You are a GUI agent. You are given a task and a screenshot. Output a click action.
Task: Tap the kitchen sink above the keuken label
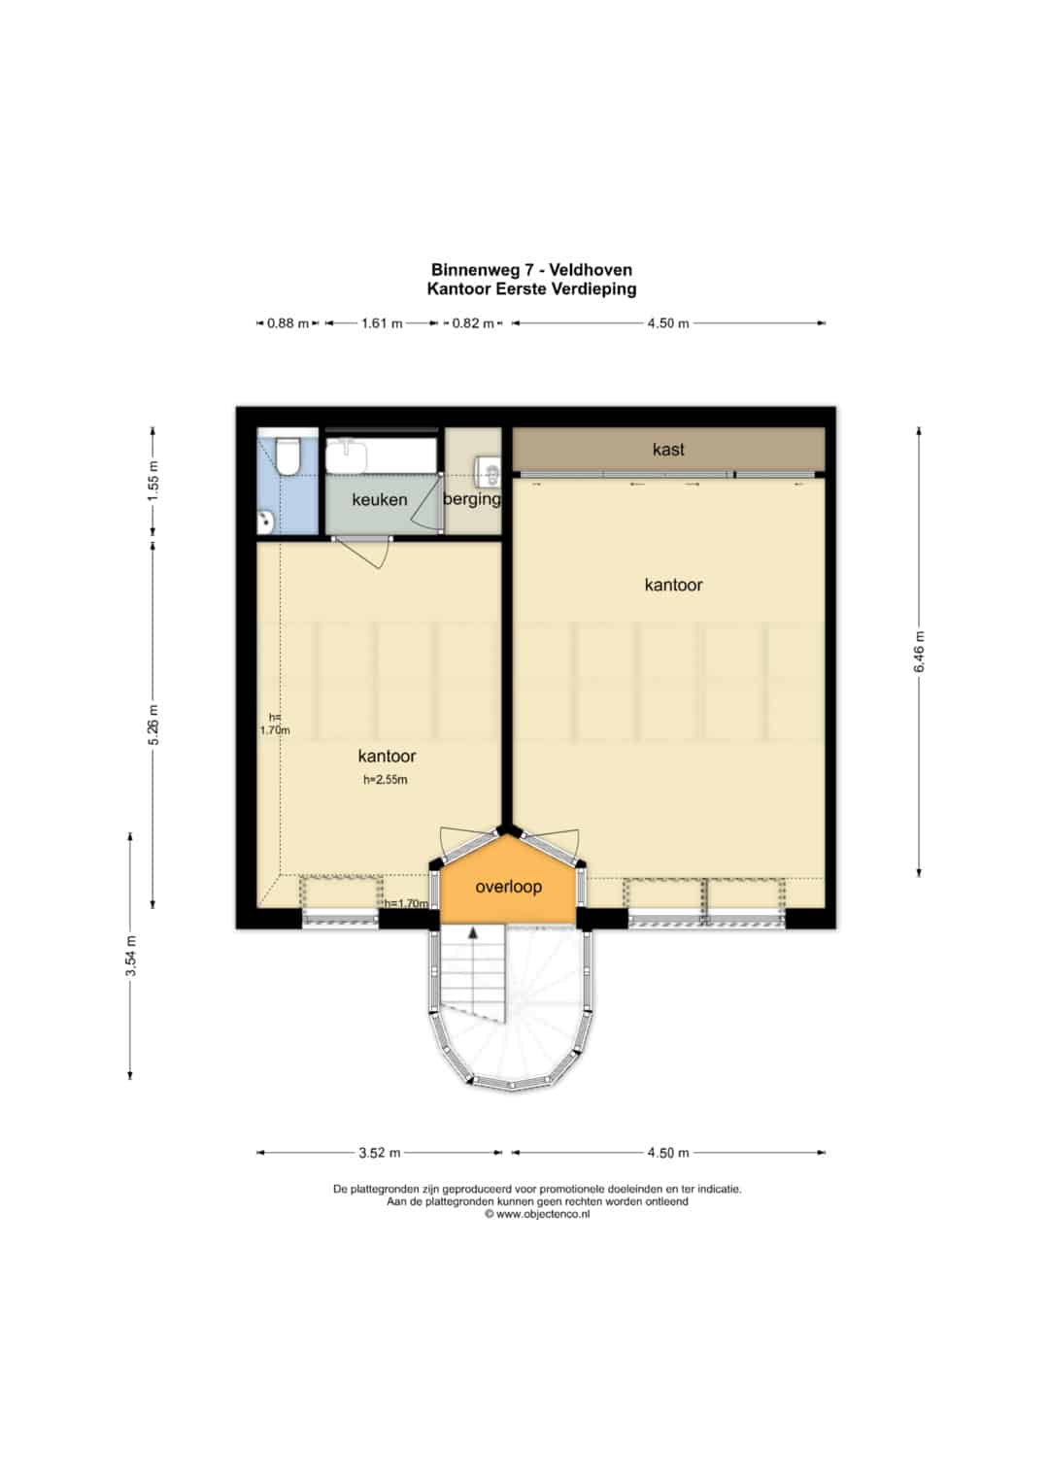tap(347, 456)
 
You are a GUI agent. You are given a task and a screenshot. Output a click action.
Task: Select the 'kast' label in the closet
tap(668, 450)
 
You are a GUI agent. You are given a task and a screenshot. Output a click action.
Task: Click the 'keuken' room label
tap(380, 499)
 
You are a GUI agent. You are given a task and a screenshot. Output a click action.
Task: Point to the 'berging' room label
tap(472, 499)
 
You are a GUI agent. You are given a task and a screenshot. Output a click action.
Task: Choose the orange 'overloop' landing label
tap(509, 887)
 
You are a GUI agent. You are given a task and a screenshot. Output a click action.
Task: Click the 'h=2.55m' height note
tap(386, 780)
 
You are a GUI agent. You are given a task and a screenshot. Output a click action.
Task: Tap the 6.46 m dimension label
tap(919, 652)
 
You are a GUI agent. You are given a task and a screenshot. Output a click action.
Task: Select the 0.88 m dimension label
tap(288, 323)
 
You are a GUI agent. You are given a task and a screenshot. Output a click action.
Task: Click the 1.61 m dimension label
tap(382, 323)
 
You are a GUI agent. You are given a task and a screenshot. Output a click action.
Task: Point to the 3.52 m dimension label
tap(380, 1153)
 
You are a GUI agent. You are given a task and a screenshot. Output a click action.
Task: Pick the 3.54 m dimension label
tap(131, 956)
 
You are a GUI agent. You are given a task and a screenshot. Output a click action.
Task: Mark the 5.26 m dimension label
tap(153, 725)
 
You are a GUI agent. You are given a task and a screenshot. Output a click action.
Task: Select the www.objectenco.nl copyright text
tap(537, 1214)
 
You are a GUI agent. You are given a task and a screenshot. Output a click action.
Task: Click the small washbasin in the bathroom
tap(265, 522)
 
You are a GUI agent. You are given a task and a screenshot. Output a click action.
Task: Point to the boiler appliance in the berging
tap(490, 469)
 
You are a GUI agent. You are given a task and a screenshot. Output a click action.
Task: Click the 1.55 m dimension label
tap(153, 482)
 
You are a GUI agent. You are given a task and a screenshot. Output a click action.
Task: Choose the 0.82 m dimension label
tap(473, 323)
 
